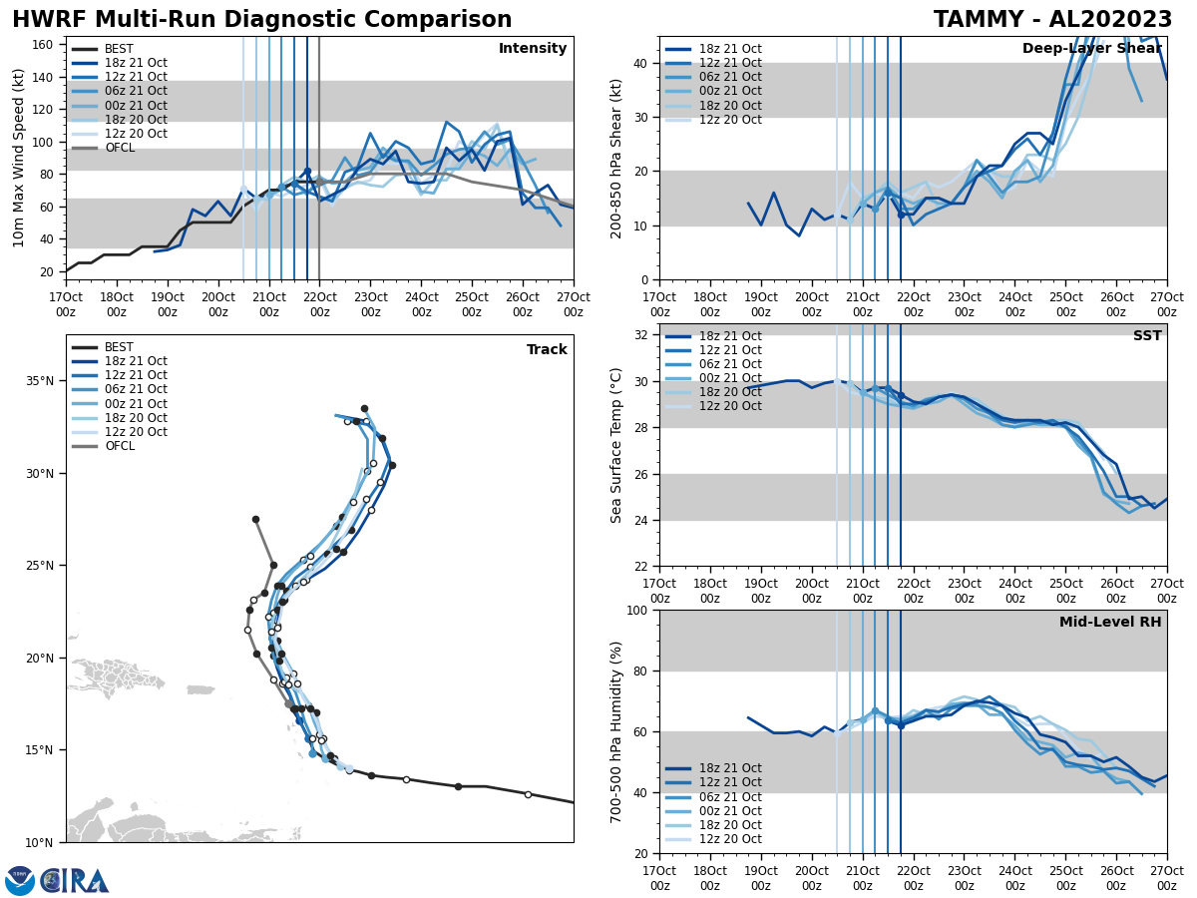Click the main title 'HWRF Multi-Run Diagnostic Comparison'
(261, 20)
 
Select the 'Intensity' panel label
(533, 49)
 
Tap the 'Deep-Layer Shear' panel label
(1091, 49)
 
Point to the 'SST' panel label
(1146, 336)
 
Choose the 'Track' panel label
(547, 350)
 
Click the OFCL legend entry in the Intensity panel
(119, 148)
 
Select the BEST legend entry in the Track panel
(119, 347)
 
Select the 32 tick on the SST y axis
(641, 335)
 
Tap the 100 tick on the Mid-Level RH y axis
(636, 610)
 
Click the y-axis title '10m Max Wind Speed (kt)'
(19, 158)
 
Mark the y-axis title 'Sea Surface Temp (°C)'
(616, 445)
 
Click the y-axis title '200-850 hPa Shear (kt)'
(616, 158)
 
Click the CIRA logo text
(75, 880)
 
